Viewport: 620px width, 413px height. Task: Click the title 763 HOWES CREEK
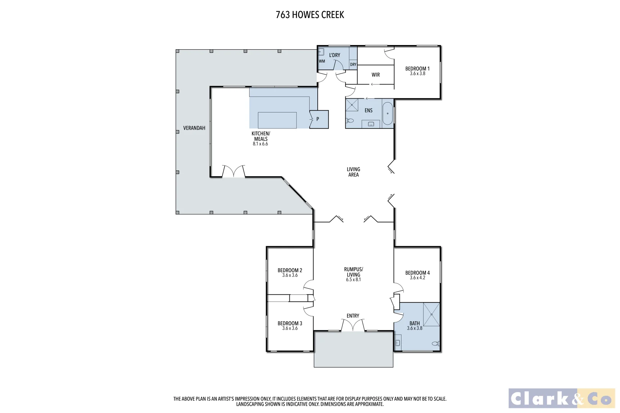[310, 15]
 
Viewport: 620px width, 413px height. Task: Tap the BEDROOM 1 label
[417, 69]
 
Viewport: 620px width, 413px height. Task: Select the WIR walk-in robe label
[375, 75]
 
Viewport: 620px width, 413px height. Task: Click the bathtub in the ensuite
[388, 113]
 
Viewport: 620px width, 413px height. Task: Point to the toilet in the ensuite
[350, 121]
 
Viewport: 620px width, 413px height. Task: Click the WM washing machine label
[322, 61]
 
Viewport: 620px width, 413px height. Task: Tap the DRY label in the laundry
[353, 65]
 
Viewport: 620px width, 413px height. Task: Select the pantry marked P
[319, 119]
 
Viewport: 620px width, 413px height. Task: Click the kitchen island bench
[277, 120]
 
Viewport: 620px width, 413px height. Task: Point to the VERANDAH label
[194, 128]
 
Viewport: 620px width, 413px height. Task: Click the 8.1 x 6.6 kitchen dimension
[260, 144]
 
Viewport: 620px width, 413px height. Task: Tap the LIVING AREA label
[353, 172]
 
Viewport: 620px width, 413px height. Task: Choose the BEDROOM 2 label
[290, 270]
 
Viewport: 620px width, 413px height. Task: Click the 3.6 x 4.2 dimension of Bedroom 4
[417, 278]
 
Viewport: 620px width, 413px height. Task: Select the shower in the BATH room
[431, 314]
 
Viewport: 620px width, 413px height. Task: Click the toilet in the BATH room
[435, 344]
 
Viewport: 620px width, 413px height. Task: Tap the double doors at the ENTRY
[353, 326]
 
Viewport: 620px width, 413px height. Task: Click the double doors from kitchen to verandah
[233, 171]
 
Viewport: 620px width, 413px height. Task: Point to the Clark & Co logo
[561, 398]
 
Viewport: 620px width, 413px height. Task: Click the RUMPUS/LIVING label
[353, 272]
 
